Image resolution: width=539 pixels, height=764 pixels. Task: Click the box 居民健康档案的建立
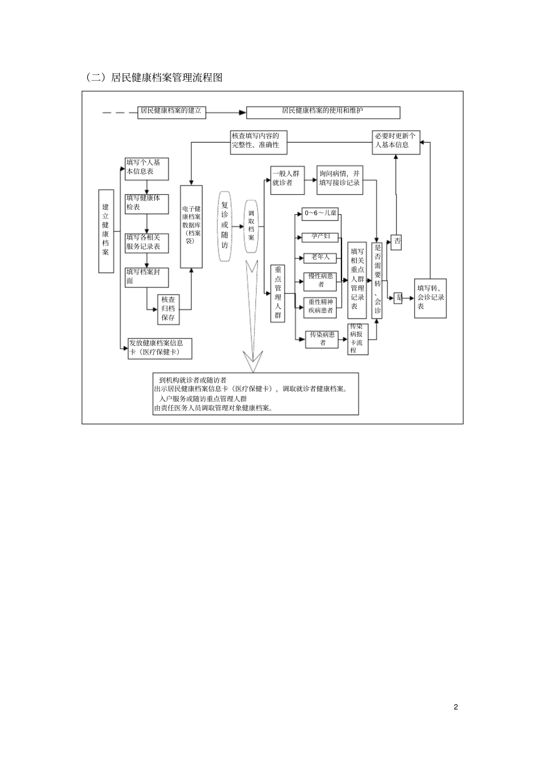171,111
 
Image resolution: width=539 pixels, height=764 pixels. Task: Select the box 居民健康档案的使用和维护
323,112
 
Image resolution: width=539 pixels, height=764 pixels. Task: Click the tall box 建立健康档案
106,230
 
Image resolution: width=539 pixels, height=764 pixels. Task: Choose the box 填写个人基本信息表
147,169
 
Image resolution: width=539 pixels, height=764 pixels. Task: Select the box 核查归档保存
169,309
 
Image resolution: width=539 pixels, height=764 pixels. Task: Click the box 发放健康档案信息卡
159,348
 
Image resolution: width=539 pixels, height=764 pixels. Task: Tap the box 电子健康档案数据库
191,226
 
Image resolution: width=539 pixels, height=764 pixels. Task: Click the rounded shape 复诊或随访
225,226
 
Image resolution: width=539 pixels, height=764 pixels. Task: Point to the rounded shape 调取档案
251,226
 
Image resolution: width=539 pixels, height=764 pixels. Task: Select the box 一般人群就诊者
286,179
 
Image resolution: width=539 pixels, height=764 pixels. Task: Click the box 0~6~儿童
321,214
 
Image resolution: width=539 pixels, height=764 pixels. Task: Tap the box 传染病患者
322,339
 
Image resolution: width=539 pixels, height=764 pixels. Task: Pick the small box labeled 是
398,298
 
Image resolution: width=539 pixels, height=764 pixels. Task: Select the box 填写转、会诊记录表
430,298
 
